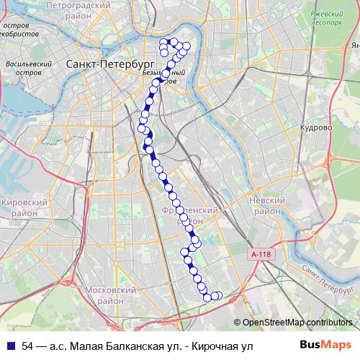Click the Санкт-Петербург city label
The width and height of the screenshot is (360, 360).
click(102, 64)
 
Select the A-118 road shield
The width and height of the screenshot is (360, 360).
click(264, 254)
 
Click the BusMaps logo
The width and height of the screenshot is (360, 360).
click(330, 346)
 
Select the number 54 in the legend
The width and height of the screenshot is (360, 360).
click(28, 346)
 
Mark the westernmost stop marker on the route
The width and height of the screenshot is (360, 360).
click(141, 128)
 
